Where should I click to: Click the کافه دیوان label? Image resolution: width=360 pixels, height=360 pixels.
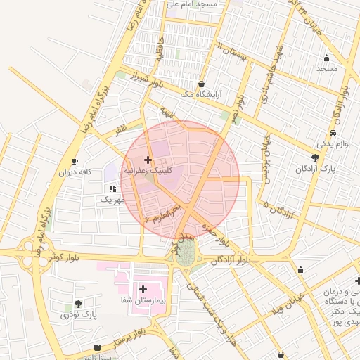pos(76,172)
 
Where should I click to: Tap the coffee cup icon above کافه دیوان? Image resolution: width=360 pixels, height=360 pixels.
pos(75,162)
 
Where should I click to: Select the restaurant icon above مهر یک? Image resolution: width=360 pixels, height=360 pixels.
pos(112,188)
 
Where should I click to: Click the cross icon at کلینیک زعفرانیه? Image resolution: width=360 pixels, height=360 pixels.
pos(148,160)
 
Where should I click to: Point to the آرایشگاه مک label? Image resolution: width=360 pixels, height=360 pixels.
pos(201,94)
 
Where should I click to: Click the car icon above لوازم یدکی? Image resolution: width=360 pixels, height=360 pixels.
pos(332,133)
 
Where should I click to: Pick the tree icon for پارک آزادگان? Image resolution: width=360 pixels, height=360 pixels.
pos(315,157)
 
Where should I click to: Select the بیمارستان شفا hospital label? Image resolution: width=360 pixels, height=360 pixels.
pos(143,300)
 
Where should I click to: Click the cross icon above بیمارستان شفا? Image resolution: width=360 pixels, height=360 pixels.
pos(143,289)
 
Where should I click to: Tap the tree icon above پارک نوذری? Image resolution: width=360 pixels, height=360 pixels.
pos(78,304)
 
